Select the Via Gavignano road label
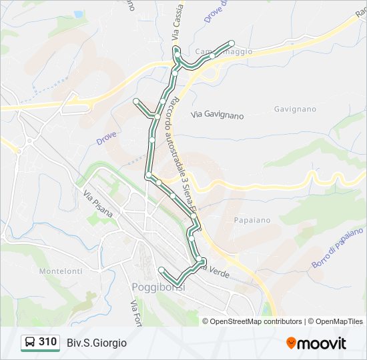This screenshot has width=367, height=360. tap(218, 115)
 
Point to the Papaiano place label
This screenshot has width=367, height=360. tap(253, 219)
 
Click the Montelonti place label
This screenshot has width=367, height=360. tap(61, 271)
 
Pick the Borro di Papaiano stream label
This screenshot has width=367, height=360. tap(338, 247)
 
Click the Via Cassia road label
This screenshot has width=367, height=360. tap(179, 27)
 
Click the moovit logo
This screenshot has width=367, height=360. tap(316, 343)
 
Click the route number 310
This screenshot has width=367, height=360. tap(47, 342)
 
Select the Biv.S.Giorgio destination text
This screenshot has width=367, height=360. tap(97, 343)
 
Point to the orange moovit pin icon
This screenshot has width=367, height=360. tap(292, 343)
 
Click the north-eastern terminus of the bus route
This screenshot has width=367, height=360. tap(232, 41)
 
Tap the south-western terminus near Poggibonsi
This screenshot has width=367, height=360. tap(161, 269)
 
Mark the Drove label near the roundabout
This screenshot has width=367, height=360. tap(106, 138)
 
